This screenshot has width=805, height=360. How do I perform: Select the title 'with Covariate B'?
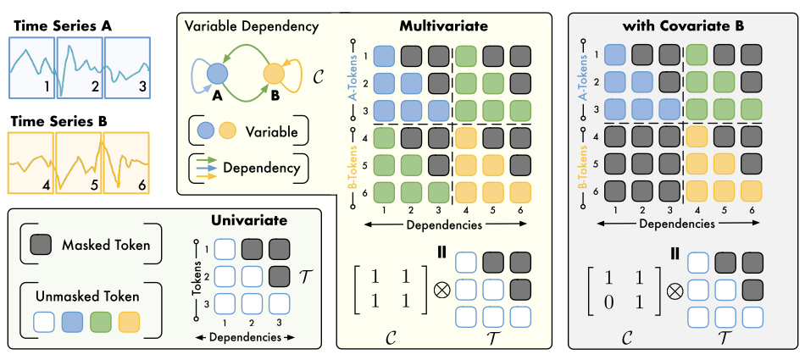click(683, 25)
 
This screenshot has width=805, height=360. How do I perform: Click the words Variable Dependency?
click(251, 26)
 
